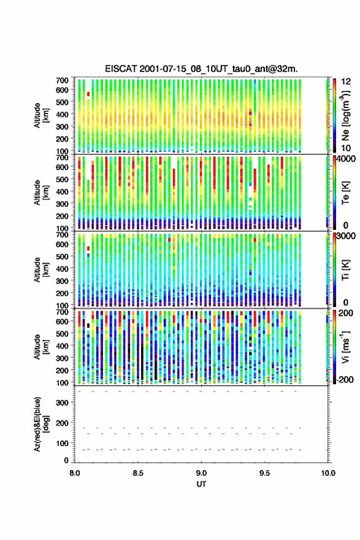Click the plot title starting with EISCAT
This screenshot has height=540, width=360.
[x=201, y=69]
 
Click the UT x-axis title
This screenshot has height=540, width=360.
[x=201, y=484]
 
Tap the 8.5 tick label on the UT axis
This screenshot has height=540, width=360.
[x=137, y=473]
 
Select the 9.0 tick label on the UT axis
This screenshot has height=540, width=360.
[x=201, y=473]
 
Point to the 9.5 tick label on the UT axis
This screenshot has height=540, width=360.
[x=265, y=473]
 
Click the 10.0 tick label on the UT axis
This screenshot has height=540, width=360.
[x=328, y=473]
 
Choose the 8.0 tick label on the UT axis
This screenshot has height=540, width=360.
[x=75, y=473]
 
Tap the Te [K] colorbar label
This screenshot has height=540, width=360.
[x=345, y=193]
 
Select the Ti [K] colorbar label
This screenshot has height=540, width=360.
[x=345, y=269]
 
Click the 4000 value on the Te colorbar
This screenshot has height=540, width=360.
[x=346, y=160]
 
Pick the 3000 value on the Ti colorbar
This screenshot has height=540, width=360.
[x=346, y=236]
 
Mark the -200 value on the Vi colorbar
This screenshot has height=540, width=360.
[x=345, y=379]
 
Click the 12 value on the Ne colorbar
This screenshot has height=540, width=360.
[x=346, y=82]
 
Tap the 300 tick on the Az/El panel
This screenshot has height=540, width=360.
[x=62, y=403]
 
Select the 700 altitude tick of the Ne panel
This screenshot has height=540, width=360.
[x=62, y=80]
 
